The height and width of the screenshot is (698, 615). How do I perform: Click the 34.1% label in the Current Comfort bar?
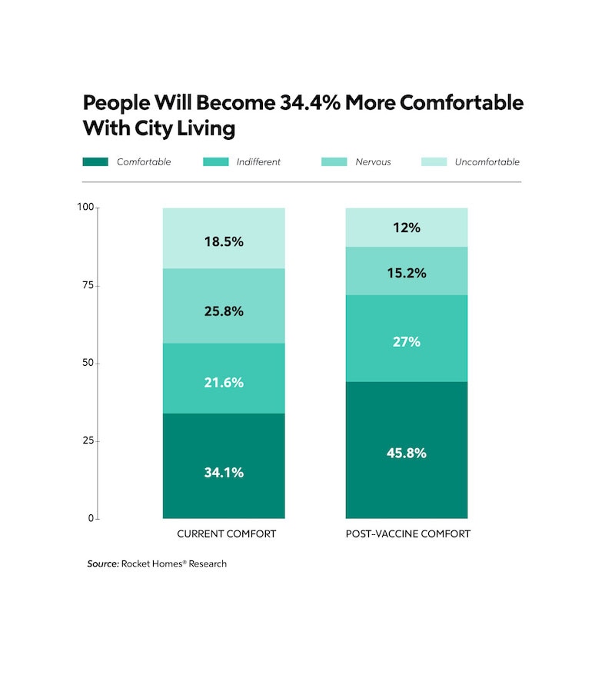[224, 473]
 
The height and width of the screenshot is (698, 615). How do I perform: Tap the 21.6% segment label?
[224, 382]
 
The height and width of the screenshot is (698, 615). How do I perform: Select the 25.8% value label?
[224, 311]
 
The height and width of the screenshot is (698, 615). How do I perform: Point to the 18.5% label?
[224, 241]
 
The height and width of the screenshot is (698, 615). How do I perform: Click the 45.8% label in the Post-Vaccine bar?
[407, 454]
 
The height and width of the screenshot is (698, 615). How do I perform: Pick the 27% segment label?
[407, 341]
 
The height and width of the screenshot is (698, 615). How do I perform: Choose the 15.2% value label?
[407, 273]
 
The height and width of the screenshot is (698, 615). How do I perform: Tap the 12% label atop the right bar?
[407, 228]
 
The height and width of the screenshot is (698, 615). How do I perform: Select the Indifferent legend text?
[258, 162]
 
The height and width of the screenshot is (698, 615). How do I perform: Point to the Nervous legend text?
[373, 162]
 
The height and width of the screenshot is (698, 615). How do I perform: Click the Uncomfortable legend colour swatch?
[433, 162]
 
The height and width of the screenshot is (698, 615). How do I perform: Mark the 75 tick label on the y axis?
[88, 285]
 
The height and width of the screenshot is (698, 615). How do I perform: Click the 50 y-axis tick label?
[88, 363]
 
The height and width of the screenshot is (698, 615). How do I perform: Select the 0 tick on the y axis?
[91, 518]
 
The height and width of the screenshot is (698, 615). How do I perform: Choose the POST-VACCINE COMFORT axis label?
[407, 533]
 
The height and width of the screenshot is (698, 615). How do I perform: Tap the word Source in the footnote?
[102, 563]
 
